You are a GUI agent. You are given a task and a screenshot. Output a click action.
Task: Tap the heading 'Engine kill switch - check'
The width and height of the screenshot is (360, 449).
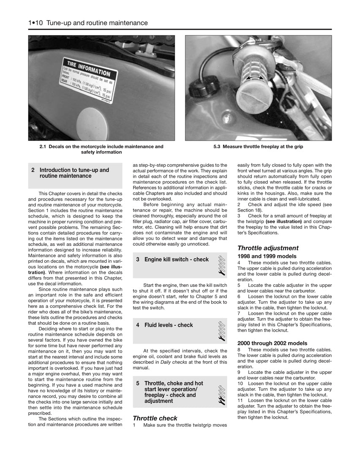tap(176, 259)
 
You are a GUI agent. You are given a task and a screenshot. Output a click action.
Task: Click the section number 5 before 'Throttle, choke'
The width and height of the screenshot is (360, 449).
tap(138, 383)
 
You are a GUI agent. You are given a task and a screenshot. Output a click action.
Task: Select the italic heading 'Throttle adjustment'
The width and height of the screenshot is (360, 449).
tap(268, 248)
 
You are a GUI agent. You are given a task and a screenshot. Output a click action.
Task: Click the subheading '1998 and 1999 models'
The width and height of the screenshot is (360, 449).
tap(267, 256)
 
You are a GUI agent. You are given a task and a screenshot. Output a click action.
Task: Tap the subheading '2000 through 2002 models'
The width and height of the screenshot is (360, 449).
tap(272, 343)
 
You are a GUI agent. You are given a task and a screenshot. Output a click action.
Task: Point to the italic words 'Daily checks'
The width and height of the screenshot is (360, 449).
tap(172, 362)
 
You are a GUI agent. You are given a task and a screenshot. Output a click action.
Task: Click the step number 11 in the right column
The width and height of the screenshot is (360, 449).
tap(240, 400)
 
